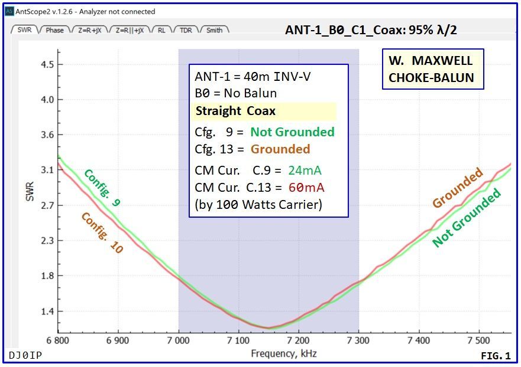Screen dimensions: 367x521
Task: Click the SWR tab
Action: coord(24,30)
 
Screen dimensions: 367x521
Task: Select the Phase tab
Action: coord(54,30)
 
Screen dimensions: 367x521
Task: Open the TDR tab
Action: coord(186,30)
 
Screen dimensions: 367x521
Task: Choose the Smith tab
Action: coord(214,30)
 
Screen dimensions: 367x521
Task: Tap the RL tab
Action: coord(161,30)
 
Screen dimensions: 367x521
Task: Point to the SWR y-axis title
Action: coord(30,191)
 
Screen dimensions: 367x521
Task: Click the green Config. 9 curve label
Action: coord(102,188)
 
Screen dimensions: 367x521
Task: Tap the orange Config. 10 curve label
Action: coord(102,232)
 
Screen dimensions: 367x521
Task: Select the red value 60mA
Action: coord(306,188)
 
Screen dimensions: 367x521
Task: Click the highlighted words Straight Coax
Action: coord(235,111)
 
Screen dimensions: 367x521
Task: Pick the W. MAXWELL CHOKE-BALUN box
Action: coord(432,69)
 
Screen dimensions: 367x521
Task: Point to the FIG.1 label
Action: coord(495,356)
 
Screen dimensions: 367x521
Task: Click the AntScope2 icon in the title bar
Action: coord(9,11)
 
